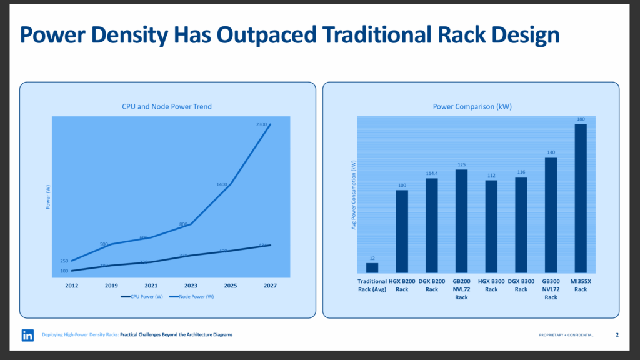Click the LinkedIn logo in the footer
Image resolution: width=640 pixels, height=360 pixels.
[x=27, y=336]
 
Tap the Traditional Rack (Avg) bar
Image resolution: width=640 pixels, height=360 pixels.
[x=372, y=267]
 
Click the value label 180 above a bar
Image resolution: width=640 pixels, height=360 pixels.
[x=581, y=119]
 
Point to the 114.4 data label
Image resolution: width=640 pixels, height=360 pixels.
[x=431, y=173]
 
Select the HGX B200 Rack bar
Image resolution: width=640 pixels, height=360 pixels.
[x=402, y=231]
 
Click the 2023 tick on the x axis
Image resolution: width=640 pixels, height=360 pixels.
[x=191, y=285]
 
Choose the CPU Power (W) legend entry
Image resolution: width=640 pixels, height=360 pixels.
[x=142, y=297]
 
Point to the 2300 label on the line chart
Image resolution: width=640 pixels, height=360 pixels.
[x=261, y=124]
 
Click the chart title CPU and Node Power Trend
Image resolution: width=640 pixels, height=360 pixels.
[x=167, y=107]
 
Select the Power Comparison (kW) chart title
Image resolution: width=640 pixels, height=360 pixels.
[x=472, y=107]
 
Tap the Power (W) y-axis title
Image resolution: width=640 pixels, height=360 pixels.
[x=49, y=197]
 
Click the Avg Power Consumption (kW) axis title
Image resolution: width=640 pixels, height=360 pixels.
[x=354, y=194]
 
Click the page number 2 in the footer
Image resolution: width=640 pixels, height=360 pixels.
[x=617, y=335]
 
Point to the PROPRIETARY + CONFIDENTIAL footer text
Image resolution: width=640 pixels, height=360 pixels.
[x=566, y=336]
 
